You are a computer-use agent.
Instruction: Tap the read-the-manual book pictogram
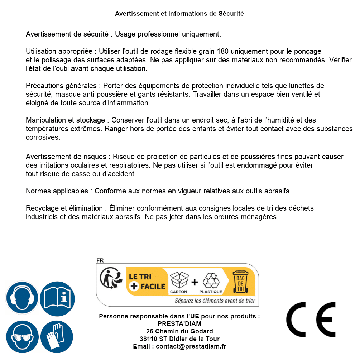(57, 297)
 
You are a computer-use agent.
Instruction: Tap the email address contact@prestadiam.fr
(191, 346)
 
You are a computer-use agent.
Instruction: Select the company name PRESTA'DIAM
(179, 324)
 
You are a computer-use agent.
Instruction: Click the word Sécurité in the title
(231, 14)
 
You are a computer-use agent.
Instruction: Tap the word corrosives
(43, 137)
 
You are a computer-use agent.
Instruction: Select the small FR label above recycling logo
(100, 261)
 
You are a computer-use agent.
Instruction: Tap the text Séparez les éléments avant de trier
(215, 301)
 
